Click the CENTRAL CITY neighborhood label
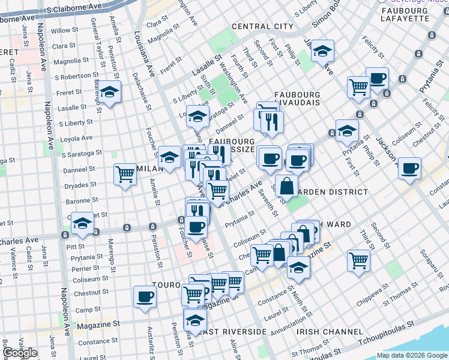262,26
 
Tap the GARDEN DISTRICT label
336,192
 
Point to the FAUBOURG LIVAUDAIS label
297,100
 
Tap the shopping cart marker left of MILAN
125,175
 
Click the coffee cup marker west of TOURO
145,296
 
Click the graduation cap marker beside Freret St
109,92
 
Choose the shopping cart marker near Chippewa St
358,261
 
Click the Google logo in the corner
20,353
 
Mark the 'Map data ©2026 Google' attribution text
412,355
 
